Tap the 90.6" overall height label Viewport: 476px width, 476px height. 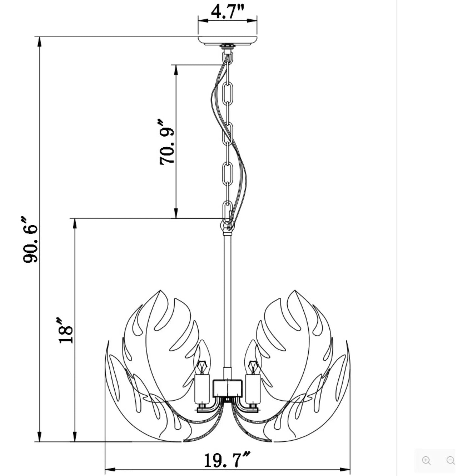point(30,239)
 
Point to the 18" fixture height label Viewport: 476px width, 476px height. point(66,330)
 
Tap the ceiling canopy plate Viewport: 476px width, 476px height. point(228,41)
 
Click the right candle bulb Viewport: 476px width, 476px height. point(252,357)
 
